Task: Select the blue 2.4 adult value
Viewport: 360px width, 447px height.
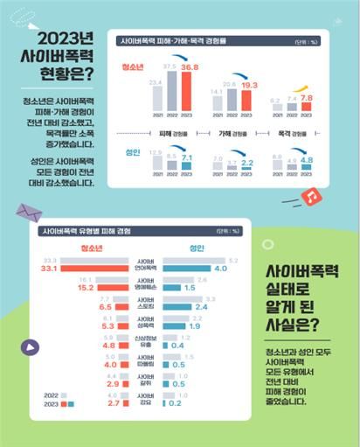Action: coord(201,307)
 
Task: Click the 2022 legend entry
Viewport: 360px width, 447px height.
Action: coord(52,396)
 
